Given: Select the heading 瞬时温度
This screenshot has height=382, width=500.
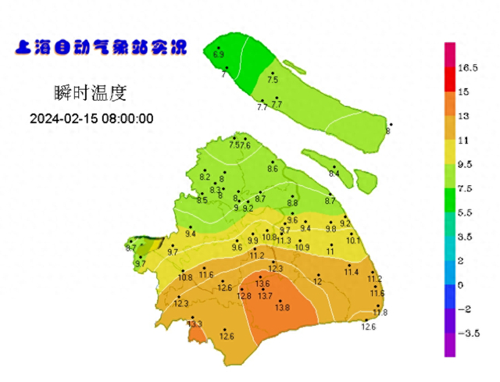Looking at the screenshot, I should pos(91,93).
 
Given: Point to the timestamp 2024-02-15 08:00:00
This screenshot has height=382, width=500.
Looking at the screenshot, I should pos(91,119).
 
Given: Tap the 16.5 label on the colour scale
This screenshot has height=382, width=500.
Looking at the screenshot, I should pos(468,68).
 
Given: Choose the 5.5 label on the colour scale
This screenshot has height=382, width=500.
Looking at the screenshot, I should pos(467,212).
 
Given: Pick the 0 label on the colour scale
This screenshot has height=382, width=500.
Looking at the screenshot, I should pos(461,285).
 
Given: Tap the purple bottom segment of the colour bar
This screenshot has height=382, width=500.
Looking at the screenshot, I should pos(450,345).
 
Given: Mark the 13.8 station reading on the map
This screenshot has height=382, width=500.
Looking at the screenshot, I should pos(282,308).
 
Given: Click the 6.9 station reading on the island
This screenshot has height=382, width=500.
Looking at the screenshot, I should pos(219,55).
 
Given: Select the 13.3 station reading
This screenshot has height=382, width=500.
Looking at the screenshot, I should pos(195,323).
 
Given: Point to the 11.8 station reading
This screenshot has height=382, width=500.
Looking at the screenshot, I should pos(380,312).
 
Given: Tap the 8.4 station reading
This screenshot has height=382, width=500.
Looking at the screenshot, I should pos(334,173).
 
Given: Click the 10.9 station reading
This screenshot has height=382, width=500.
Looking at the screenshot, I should pos(302,248).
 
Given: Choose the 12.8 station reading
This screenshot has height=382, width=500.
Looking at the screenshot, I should pos(245,296).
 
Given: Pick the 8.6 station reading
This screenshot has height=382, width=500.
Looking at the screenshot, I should pos(273,169).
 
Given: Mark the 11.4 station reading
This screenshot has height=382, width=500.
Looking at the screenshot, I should pos(352,272).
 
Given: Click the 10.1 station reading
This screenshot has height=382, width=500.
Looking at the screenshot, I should pos(353,241).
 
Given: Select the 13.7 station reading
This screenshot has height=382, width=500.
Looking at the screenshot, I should pos(266,296).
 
